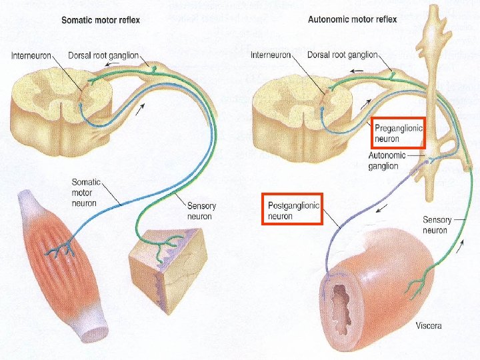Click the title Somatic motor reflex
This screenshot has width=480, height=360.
[x=101, y=20]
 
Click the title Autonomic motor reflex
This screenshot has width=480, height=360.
[x=352, y=19]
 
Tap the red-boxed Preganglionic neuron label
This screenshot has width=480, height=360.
[x=397, y=133]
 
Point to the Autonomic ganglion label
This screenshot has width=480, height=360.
[x=387, y=161]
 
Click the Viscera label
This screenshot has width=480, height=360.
[x=429, y=326]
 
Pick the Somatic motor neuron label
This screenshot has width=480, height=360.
[x=85, y=192]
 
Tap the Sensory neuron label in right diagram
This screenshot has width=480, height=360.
[x=437, y=224]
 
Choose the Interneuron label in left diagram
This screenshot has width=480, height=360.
[x=31, y=55]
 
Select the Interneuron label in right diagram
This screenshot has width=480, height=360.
[x=271, y=55]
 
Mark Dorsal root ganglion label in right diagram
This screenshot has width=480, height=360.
[x=343, y=55]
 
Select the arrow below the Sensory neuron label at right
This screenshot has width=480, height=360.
[x=461, y=249]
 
